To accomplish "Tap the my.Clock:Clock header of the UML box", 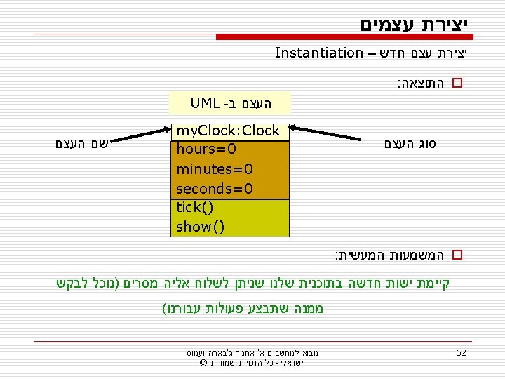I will [x=228, y=131].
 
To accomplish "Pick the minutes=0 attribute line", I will [x=215, y=169].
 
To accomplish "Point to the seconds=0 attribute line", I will [x=215, y=189].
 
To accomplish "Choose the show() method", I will [x=201, y=227].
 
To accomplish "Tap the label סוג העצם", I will [x=410, y=145].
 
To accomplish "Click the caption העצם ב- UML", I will [x=230, y=105].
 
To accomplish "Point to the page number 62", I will [x=461, y=352].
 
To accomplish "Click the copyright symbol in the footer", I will [x=203, y=363].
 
